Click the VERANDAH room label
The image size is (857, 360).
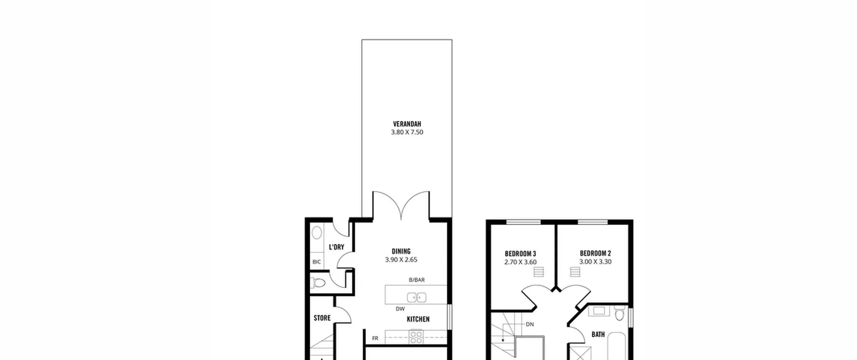pos(407,124)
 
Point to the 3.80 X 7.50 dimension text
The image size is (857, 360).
pos(407,132)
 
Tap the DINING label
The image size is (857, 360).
pos(401,251)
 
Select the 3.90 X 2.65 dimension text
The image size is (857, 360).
pos(401,260)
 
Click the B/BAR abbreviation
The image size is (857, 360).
pos(417,280)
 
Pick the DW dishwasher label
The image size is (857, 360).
pos(400,309)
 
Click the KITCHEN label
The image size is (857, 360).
pos(418,319)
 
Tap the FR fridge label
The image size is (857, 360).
pos(375,338)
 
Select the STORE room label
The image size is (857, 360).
pos(322,318)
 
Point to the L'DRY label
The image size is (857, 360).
pos(336,247)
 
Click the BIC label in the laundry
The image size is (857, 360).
pos(316,262)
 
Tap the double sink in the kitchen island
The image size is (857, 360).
pos(416,297)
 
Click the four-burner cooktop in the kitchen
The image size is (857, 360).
pos(416,337)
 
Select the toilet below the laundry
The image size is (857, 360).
pos(318,283)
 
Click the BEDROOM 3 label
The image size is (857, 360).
pos(521,254)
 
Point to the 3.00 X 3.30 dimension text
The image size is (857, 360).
pos(595,262)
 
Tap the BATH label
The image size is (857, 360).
pos(598,334)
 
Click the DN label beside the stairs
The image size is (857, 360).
pos(530,324)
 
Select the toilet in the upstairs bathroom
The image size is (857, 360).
pos(619,313)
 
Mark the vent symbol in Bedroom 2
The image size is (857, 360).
pos(575,272)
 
